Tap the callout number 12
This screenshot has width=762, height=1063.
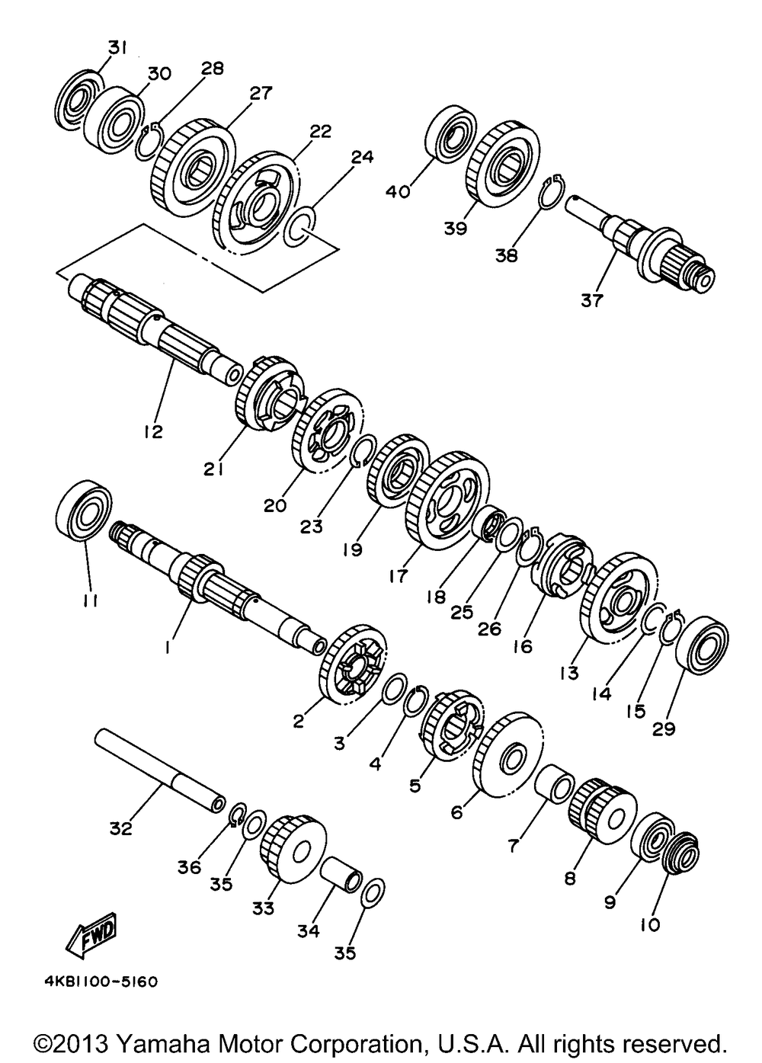[152, 431]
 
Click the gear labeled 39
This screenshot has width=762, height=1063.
[503, 161]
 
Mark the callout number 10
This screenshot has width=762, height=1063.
[650, 925]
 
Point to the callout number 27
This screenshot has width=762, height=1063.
[260, 93]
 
